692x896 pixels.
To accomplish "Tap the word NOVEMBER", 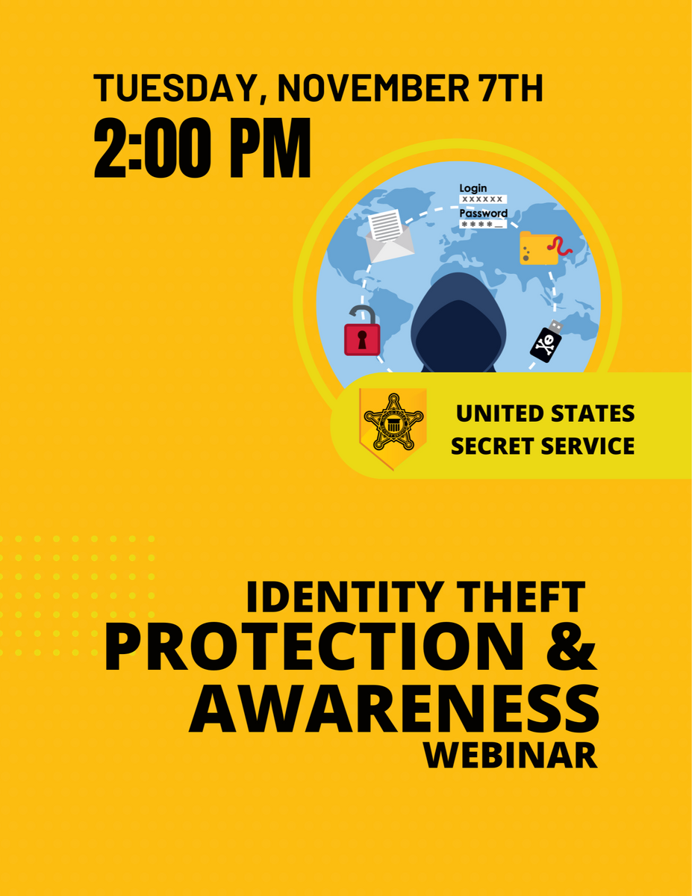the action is coord(373,88).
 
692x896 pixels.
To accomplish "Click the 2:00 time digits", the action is coord(152,148).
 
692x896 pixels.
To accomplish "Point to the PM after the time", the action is coord(270,148).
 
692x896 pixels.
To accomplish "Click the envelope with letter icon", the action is coord(389,236).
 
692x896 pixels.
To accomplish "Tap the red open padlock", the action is coord(362,331).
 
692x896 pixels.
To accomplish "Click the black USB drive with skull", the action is coord(546,341).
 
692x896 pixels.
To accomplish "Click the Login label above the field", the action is coord(473,188).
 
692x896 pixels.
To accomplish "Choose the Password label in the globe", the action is coord(484,214).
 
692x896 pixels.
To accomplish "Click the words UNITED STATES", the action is coord(545,414).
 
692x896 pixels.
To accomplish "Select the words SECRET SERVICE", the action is coord(543,446).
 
